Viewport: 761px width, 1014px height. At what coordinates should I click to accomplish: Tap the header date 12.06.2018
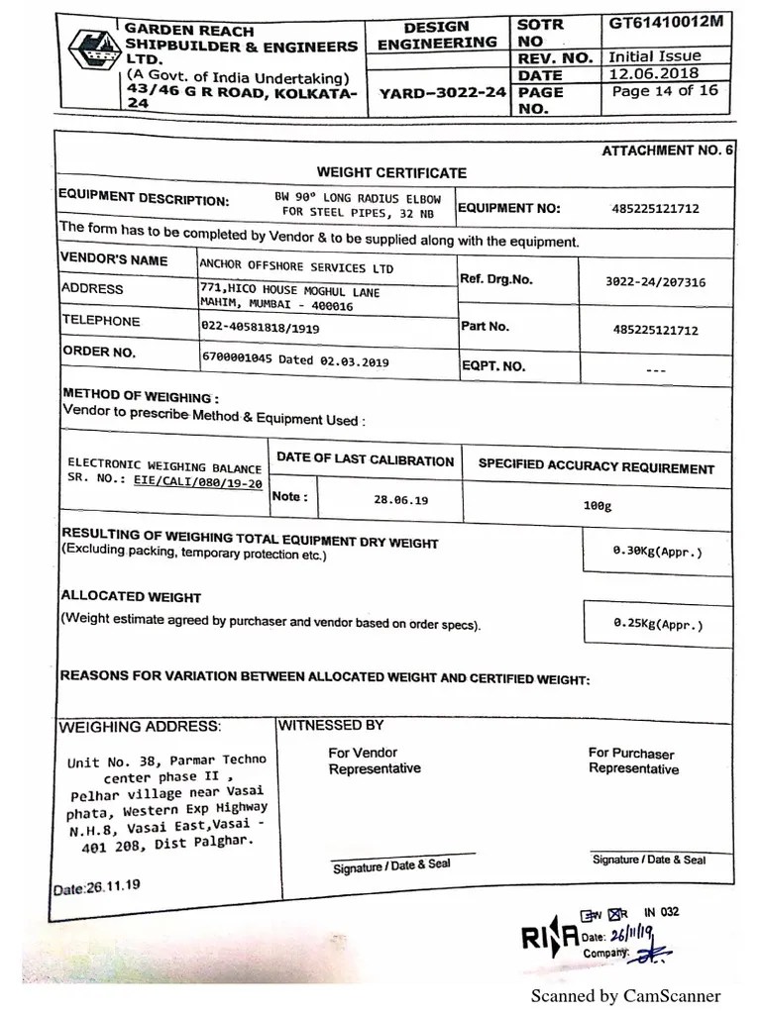(654, 73)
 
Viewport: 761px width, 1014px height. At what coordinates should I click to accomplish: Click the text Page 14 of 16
(664, 91)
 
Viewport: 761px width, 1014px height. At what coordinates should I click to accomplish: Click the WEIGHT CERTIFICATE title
(391, 172)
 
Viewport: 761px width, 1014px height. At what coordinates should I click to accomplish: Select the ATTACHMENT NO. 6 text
(667, 151)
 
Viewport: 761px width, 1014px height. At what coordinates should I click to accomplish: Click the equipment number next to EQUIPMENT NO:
(655, 209)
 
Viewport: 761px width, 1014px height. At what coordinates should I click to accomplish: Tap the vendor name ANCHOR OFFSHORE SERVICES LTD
(296, 267)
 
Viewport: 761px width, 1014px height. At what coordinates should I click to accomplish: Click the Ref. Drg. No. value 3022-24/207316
(655, 282)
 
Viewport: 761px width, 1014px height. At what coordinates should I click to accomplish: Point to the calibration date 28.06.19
(400, 501)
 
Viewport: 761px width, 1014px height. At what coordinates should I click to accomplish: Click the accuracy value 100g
(598, 505)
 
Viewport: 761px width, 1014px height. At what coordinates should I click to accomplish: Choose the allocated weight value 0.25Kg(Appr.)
(658, 625)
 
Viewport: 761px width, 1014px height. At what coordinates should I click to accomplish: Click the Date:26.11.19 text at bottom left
(96, 887)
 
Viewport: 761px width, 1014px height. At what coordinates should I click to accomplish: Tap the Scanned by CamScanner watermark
(625, 996)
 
